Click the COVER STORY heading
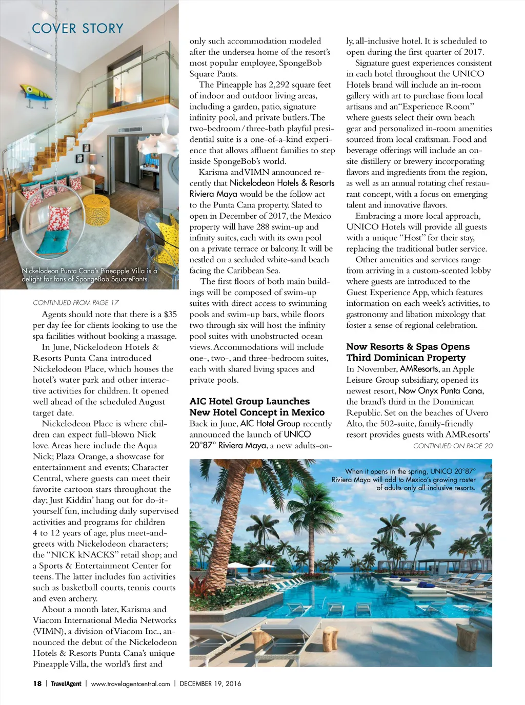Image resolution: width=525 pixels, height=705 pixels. pyautogui.click(x=77, y=28)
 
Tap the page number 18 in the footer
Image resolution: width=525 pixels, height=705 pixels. pyautogui.click(x=37, y=683)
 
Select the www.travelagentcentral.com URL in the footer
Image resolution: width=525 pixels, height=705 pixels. pyautogui.click(x=130, y=683)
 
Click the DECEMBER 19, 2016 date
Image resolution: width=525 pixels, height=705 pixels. pyautogui.click(x=210, y=683)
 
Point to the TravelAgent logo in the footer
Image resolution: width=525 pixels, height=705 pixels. pyautogui.click(x=66, y=683)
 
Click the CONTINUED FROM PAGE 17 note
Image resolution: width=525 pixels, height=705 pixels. pyautogui.click(x=76, y=303)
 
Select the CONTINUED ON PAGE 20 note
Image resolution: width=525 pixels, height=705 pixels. pyautogui.click(x=453, y=446)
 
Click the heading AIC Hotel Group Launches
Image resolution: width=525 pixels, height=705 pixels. pyautogui.click(x=250, y=401)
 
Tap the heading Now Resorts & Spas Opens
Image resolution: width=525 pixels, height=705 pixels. pyautogui.click(x=408, y=347)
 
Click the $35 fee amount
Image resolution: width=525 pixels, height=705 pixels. pyautogui.click(x=170, y=314)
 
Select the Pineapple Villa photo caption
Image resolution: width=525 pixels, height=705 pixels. pyautogui.click(x=89, y=275)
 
